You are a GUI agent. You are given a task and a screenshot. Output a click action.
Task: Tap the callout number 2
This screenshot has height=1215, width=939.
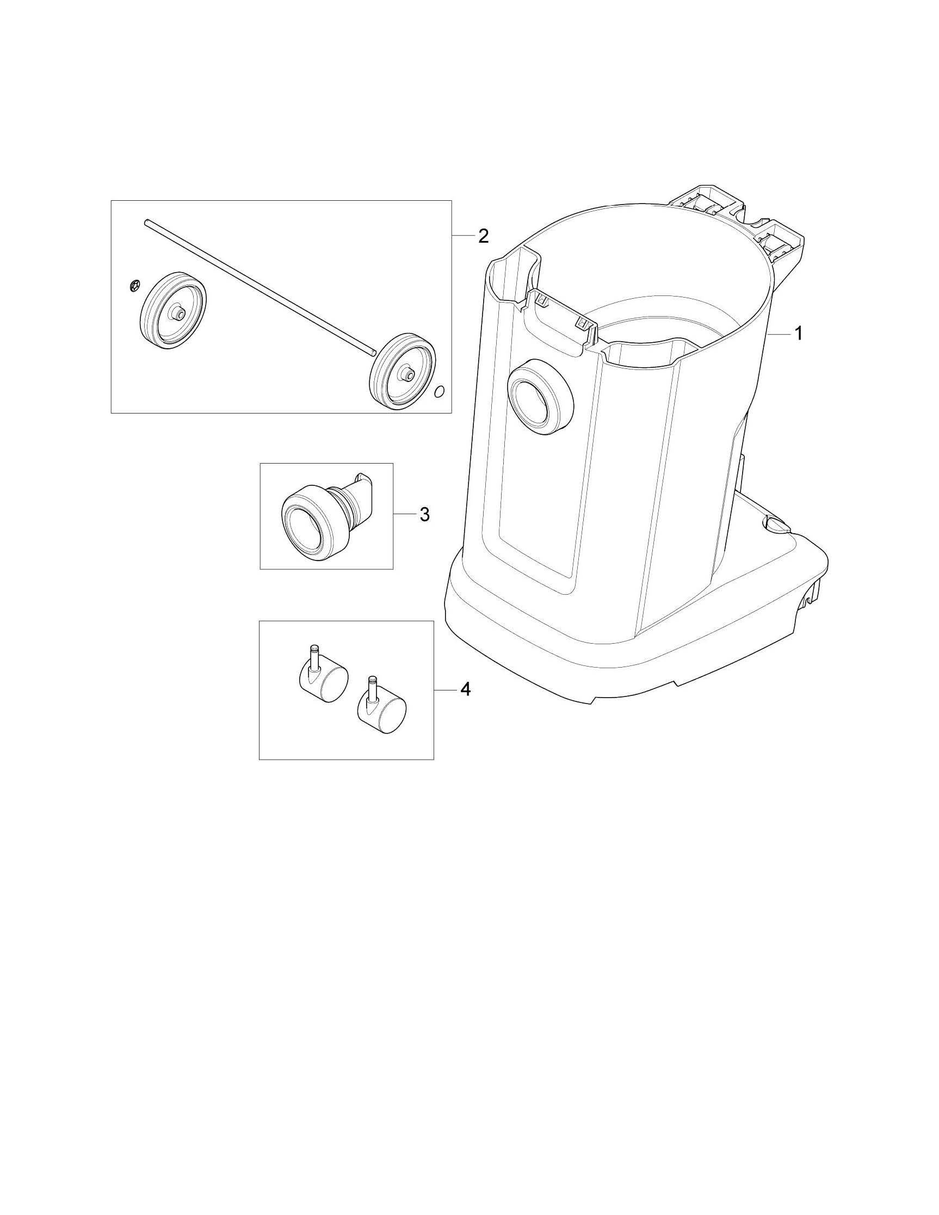[x=483, y=236]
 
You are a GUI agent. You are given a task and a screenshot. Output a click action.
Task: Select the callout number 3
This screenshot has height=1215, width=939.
[x=424, y=515]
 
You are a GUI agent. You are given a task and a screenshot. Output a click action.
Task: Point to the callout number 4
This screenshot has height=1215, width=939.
[x=466, y=689]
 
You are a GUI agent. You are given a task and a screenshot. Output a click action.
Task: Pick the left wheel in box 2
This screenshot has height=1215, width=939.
[x=171, y=312]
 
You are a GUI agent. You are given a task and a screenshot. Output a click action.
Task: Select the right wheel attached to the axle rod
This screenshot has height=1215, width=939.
[x=403, y=372]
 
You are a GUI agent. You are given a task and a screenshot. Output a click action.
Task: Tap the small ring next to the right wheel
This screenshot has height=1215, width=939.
[x=439, y=392]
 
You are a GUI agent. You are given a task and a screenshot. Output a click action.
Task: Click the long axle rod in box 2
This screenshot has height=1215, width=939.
[x=260, y=287]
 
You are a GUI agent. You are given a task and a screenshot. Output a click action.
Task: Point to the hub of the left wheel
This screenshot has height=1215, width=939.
[x=180, y=314]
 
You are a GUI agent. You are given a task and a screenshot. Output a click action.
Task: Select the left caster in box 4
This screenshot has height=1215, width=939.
[x=320, y=674]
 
